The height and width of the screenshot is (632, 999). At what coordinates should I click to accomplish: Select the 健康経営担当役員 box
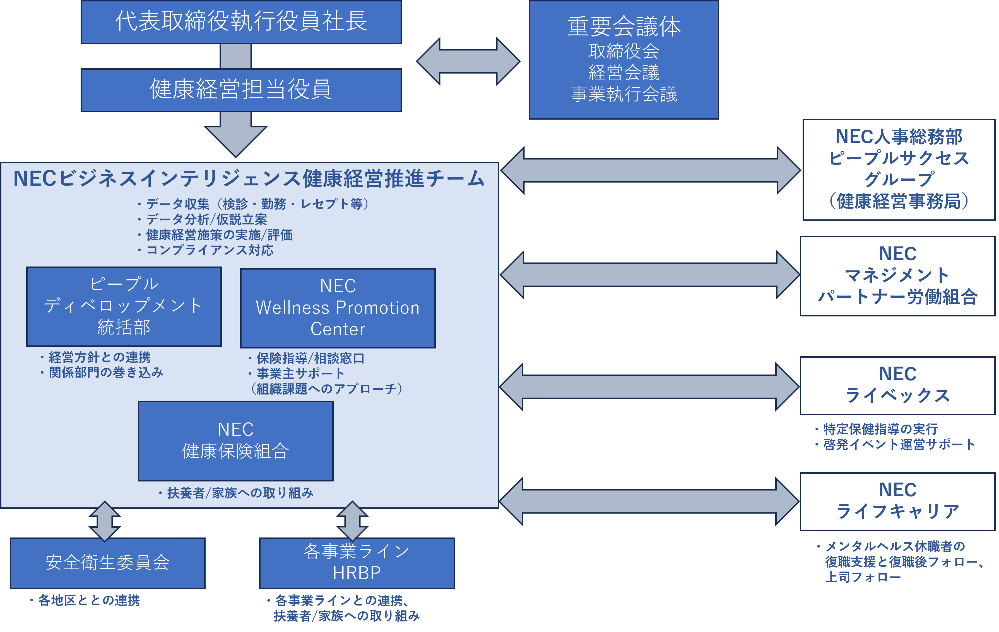241,90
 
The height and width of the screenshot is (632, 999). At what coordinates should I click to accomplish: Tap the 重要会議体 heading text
624,26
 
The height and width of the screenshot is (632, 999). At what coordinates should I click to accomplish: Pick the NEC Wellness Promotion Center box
338,308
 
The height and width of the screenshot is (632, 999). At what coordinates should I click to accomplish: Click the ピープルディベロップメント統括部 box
124,306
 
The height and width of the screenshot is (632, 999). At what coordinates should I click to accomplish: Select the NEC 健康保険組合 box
236,441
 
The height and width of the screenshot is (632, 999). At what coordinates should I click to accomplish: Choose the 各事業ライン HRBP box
357,563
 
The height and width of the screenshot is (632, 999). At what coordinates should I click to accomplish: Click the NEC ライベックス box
898,385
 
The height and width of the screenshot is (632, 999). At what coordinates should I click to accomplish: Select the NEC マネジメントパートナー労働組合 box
898,276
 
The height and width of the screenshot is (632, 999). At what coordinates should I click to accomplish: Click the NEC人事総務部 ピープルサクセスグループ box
899,169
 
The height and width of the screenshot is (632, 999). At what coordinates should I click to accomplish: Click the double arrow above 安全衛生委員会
105,521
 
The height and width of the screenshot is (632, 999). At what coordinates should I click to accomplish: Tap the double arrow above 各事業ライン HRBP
353,521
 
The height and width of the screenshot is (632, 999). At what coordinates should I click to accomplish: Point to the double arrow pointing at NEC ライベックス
649,387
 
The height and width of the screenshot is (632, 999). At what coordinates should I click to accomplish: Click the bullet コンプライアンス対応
205,250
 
